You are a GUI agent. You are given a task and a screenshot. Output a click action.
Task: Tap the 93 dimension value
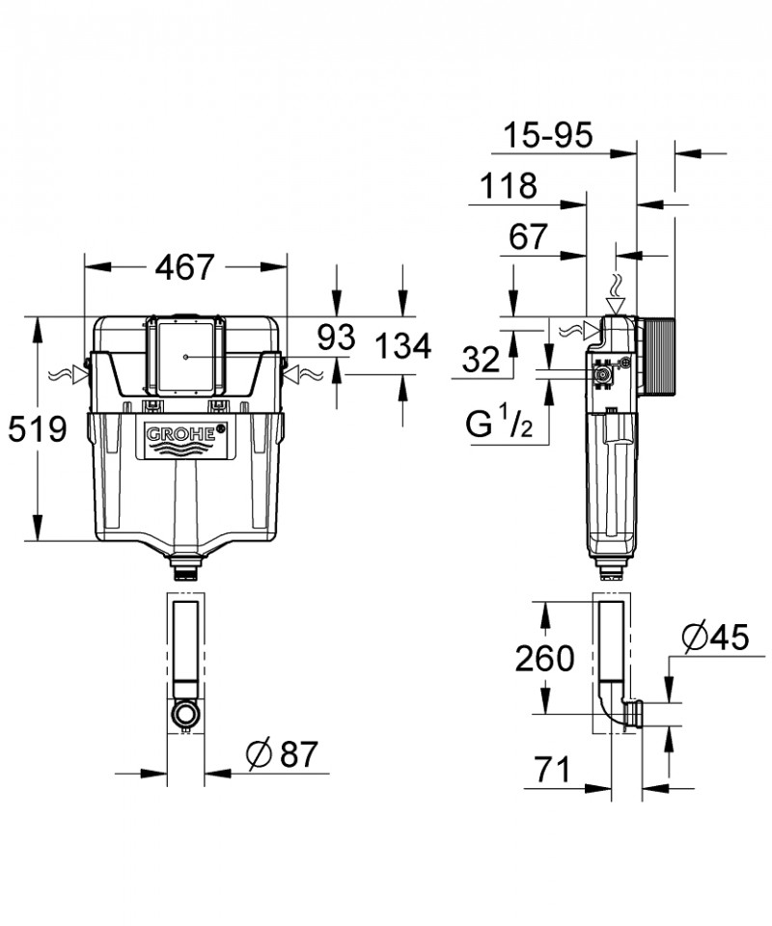[337, 339]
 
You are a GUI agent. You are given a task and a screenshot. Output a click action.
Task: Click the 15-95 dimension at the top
[552, 136]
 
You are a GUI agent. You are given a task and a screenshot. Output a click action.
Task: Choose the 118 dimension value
[505, 186]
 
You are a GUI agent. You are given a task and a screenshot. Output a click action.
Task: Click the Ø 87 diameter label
[282, 755]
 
